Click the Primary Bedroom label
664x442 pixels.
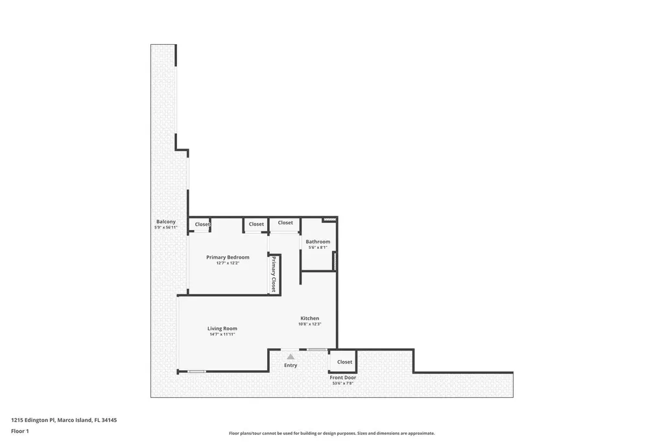228,257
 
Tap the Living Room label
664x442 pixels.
222,329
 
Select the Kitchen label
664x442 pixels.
309,318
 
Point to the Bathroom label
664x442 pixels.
318,242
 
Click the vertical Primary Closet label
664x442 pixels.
274,274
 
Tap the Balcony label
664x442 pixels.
165,222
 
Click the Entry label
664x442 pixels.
290,366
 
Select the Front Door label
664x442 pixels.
342,377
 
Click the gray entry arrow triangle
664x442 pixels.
290,356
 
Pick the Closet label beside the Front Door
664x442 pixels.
344,362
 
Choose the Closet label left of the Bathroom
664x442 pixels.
285,223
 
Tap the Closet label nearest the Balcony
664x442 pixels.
202,224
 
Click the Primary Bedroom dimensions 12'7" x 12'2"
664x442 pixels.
228,263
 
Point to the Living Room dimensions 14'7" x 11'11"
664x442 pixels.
222,334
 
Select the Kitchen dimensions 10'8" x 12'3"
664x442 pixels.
309,324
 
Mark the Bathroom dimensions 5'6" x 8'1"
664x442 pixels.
318,247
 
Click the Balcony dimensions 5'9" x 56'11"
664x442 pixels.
165,227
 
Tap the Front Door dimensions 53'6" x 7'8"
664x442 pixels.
342,383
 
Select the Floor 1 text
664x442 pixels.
20,431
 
